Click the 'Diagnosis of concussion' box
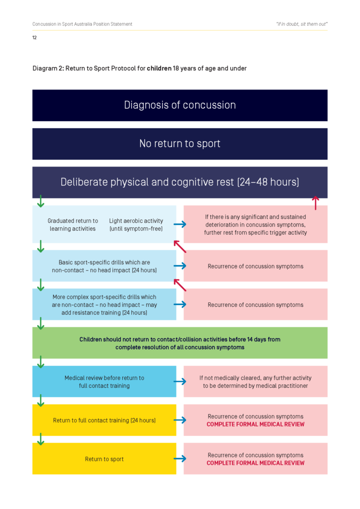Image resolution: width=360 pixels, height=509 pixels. pos(180,105)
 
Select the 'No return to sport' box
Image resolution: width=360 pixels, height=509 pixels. pos(180,144)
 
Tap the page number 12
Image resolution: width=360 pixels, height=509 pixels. pos(34,37)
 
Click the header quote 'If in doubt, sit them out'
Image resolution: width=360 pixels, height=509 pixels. pos(301,24)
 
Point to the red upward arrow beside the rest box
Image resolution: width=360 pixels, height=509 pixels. pos(315,202)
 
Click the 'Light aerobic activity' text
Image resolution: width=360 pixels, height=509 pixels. pos(136,225)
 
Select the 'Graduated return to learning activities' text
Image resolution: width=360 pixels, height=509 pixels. pos(73,225)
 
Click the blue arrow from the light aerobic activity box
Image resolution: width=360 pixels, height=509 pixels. pos(180,225)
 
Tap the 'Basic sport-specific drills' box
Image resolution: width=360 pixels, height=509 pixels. pos(104,266)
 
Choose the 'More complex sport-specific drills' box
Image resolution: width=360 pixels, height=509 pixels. pos(104,304)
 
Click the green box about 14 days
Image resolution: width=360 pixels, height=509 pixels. pos(180,343)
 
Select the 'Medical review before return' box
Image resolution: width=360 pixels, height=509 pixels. pos(104,381)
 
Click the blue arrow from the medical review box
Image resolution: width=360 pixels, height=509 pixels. pos(180,381)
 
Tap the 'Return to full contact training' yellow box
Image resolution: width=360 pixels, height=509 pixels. pos(104,420)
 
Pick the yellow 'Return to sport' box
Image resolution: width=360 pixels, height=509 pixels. pos(104,458)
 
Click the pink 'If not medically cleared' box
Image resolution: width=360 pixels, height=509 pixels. pos(256,381)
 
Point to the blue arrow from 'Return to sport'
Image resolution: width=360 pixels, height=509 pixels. pos(180,458)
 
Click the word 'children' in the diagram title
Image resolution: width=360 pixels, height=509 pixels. pos(159,68)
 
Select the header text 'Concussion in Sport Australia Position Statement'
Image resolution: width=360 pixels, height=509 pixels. pos(82,24)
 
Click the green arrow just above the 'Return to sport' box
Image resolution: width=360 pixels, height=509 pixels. pos(41,439)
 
